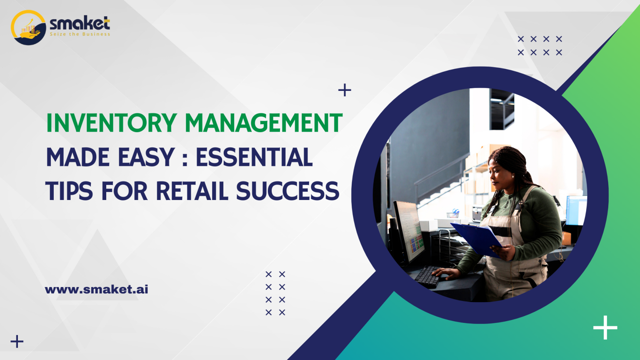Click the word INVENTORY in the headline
tap(112, 123)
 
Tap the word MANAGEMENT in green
tap(263, 123)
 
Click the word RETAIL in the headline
tap(192, 191)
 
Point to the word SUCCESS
tap(287, 191)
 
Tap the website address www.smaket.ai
tap(96, 289)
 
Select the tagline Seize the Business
tap(80, 34)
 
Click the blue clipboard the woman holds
tap(477, 238)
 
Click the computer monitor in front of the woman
tap(410, 232)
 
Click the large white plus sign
tap(605, 327)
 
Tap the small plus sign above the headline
tap(345, 90)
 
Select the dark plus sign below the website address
tap(17, 342)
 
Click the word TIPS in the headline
tap(69, 191)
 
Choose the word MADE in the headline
tap(78, 157)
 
